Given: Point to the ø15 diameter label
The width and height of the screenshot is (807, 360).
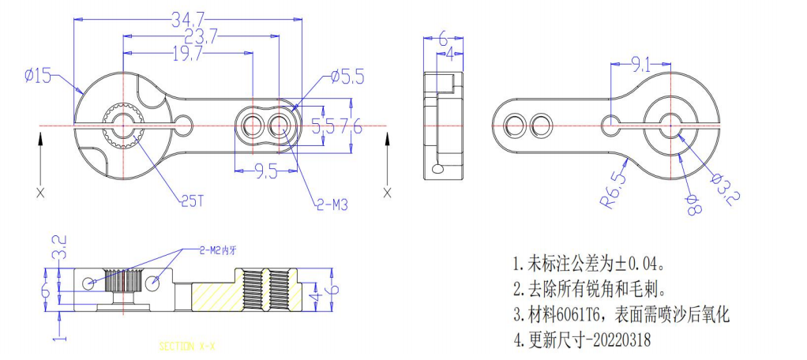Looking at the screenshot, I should click(37, 76).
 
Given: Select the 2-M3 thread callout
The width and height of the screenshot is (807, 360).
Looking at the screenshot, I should click(332, 204).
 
